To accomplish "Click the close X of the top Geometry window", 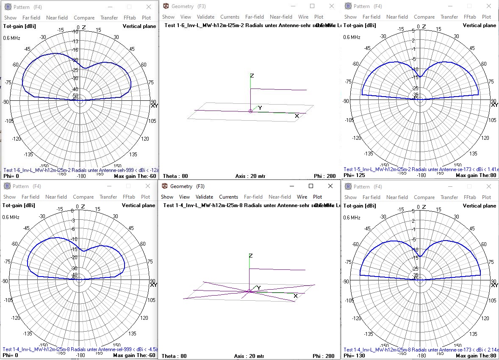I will pos(331,6).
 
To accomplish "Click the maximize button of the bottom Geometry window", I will pos(311,186).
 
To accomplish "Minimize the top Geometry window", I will pos(293,6).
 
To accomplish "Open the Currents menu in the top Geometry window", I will pos(230,17).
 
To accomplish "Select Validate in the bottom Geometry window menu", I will pos(204,197).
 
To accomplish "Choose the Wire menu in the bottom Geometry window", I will pos(302,197).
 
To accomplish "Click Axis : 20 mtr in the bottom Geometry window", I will pos(249,356).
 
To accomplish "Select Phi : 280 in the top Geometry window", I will pos(324,176).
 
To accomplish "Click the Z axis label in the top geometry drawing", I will pos(252,75).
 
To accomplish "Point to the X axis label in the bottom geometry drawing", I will pos(295,296).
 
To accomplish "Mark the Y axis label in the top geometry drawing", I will pos(260,108).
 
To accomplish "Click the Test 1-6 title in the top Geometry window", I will pos(220,25).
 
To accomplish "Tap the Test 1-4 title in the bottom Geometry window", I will pos(220,205).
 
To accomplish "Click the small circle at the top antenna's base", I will pos(250,111).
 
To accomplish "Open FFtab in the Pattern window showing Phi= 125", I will pos(469,17).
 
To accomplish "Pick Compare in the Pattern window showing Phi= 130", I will pos(424,197).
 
